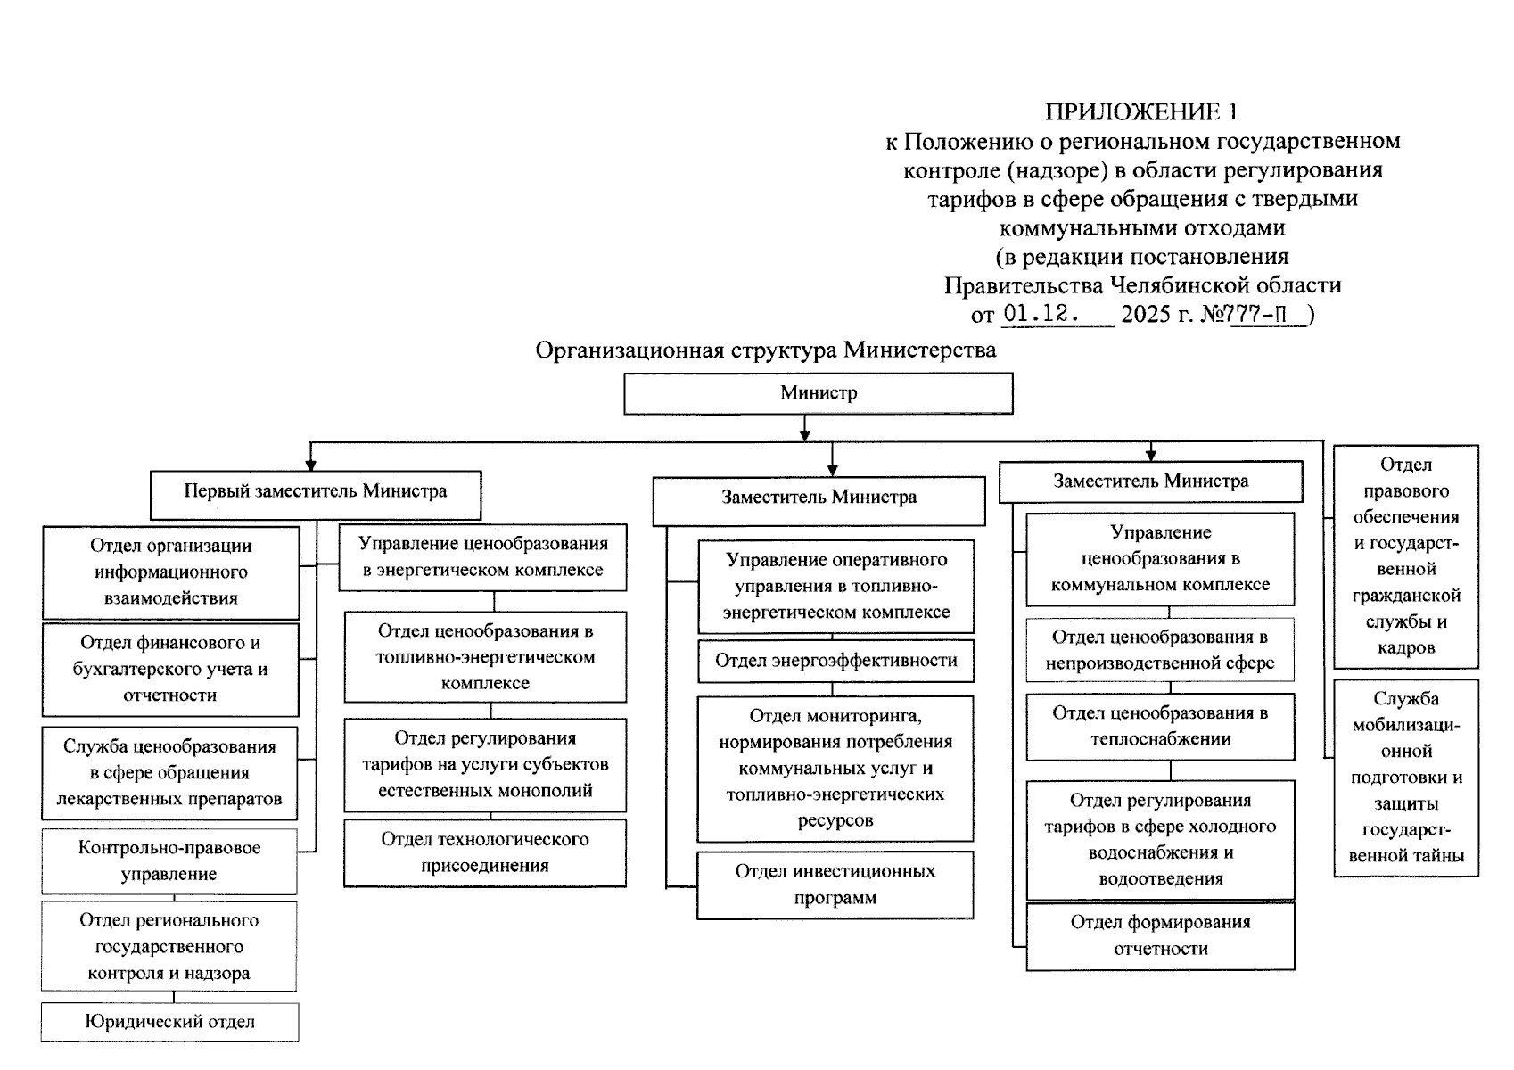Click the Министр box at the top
(818, 393)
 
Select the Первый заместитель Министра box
(315, 495)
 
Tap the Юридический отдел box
(169, 1022)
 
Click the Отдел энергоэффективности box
(835, 661)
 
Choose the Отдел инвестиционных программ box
(835, 885)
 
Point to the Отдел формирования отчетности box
(1160, 935)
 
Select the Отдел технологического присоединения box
(485, 852)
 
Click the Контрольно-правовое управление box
(169, 861)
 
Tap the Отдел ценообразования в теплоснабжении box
(1160, 726)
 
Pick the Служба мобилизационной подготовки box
(1405, 778)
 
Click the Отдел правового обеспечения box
(1405, 556)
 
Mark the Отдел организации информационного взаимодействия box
(170, 572)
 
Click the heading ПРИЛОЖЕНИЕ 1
(1141, 111)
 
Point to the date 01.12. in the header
(1041, 314)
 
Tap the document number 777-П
(1267, 314)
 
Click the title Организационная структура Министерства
(765, 350)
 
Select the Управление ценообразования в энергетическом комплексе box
(482, 557)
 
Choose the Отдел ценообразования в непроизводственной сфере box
(1160, 650)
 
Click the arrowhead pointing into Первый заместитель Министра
(310, 464)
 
